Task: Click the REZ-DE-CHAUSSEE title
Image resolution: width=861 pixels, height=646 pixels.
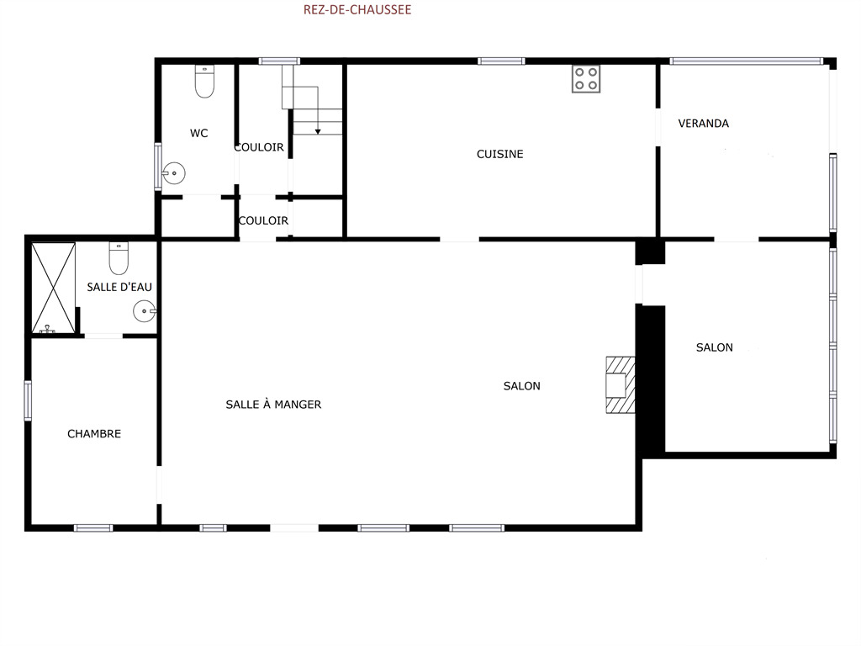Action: (x=357, y=9)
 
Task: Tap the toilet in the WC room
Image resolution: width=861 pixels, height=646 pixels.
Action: (x=205, y=82)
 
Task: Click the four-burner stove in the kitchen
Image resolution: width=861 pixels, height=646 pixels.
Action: (x=586, y=79)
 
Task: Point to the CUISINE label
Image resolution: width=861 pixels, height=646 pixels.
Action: (x=499, y=155)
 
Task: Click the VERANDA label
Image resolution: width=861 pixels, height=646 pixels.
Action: (x=704, y=124)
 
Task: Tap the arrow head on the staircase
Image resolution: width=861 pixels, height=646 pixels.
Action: (x=318, y=132)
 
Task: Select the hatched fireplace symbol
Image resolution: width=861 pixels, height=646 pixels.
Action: (x=621, y=384)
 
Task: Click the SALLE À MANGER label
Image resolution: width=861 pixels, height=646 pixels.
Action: (x=273, y=405)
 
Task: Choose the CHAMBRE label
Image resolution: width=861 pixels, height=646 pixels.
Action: (x=94, y=434)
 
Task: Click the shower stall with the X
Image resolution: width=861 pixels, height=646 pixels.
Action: (x=53, y=288)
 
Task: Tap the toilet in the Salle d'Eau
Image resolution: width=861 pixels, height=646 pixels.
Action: (x=119, y=258)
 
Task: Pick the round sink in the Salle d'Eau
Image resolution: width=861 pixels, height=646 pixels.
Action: (x=145, y=311)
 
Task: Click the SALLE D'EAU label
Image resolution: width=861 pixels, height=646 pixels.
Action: (x=119, y=287)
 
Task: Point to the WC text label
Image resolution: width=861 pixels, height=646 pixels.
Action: (x=198, y=134)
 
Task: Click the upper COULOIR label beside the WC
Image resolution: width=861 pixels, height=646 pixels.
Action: (x=259, y=147)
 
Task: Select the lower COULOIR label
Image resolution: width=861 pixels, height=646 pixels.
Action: (x=263, y=221)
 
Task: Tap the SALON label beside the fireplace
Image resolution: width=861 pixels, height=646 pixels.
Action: (x=521, y=386)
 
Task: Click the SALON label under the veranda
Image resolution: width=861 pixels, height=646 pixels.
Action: (x=715, y=347)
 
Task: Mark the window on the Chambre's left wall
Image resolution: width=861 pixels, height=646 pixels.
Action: (x=28, y=400)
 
